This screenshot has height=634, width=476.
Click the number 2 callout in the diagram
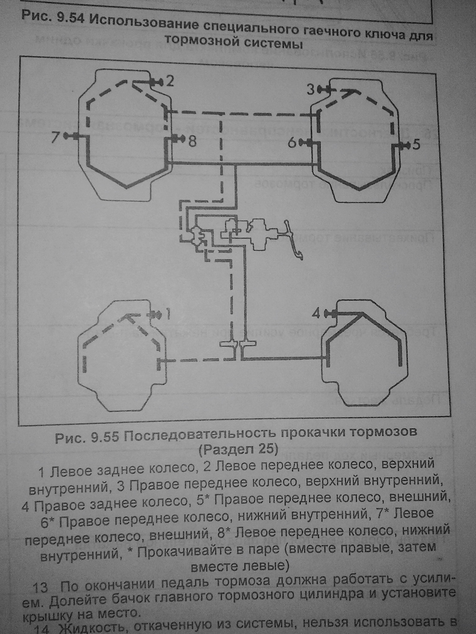click(x=170, y=82)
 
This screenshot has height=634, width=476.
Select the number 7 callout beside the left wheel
click(x=55, y=137)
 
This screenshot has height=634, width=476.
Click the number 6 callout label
click(x=293, y=143)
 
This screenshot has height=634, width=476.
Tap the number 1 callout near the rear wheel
click(x=168, y=315)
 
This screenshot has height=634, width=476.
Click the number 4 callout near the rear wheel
click(x=316, y=314)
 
